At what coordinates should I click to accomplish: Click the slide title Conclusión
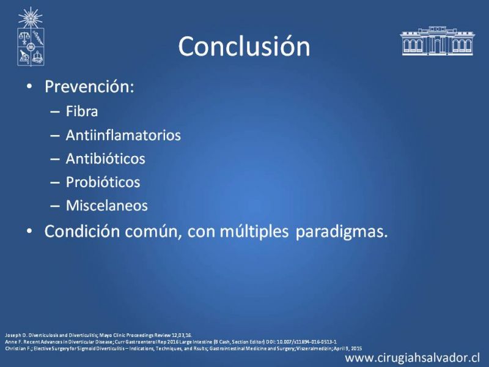[244, 46]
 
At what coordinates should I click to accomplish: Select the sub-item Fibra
[82, 111]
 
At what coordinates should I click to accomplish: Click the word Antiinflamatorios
[123, 135]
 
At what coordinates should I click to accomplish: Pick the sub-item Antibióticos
[105, 158]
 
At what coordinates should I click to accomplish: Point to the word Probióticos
[103, 182]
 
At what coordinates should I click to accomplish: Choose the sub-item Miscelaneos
[106, 206]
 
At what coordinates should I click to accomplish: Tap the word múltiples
[254, 232]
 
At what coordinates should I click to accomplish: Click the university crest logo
[31, 37]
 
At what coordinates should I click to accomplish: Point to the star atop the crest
[30, 17]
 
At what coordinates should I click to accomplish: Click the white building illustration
[437, 41]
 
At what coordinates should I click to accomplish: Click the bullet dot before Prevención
[29, 86]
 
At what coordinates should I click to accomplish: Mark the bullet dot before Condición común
[29, 231]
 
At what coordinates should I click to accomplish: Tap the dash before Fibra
[55, 112]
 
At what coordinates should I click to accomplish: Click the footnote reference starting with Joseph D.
[98, 335]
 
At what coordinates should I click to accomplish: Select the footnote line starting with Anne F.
[171, 342]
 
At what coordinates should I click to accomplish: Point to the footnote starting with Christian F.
[183, 349]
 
